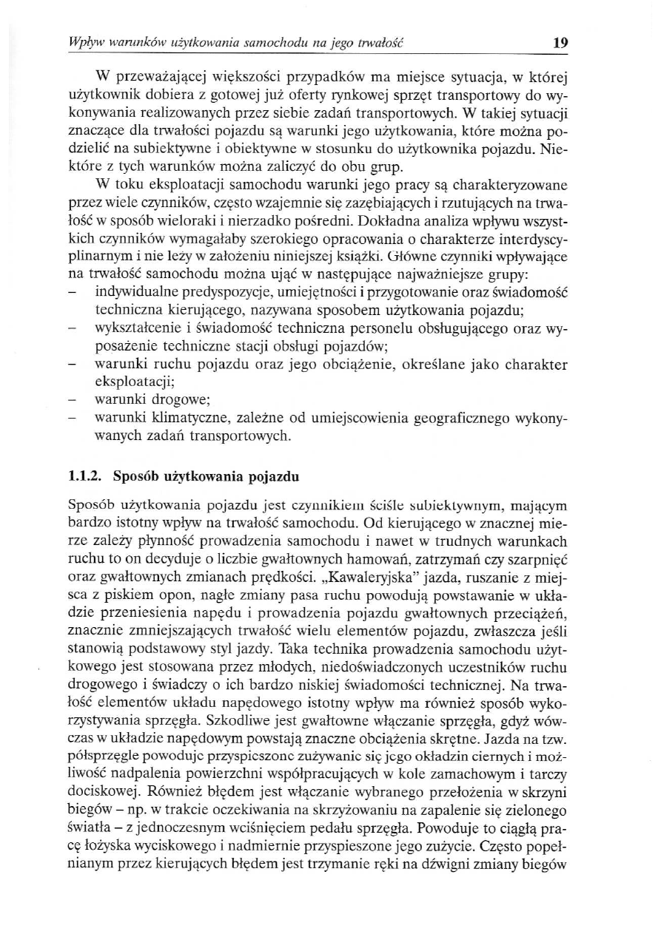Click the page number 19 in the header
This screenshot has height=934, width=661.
560,42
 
